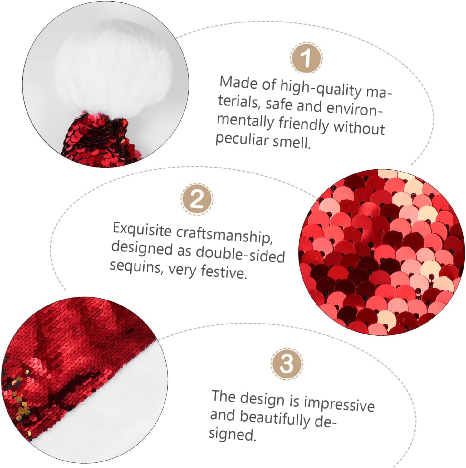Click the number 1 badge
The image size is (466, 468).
(x=306, y=58)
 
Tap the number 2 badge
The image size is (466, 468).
(x=197, y=199)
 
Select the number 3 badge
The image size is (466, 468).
(x=287, y=364)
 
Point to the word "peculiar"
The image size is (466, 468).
(x=242, y=138)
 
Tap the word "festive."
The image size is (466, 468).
(x=223, y=272)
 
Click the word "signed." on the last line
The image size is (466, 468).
(x=233, y=434)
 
